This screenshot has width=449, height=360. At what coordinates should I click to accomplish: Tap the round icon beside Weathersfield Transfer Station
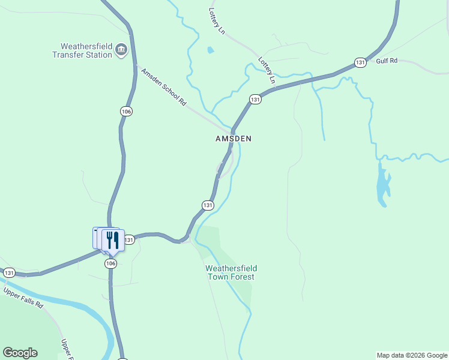[x=121, y=50]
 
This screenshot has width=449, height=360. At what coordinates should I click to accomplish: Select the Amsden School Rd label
[x=163, y=88]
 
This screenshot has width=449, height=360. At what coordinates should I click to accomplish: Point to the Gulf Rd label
[x=387, y=61]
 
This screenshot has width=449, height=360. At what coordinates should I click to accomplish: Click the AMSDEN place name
[x=234, y=139]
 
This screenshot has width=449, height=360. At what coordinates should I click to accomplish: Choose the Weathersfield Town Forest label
[x=231, y=272]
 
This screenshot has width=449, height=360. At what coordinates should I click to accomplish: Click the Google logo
[x=20, y=353]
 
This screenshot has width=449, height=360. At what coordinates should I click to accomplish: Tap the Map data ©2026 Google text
[x=412, y=355]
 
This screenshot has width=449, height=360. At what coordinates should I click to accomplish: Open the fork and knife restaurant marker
[x=112, y=240]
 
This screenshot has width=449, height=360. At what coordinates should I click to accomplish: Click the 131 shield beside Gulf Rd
[x=360, y=62]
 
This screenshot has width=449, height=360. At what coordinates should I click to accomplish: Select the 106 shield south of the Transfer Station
[x=125, y=112]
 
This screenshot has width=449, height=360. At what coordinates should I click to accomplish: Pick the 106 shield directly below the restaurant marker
[x=110, y=263]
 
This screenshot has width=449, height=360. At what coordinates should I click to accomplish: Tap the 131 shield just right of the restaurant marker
[x=129, y=240]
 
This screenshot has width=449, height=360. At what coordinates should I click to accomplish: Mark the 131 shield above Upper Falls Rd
[x=9, y=272]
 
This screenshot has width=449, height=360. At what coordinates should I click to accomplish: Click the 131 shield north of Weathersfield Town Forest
[x=208, y=205]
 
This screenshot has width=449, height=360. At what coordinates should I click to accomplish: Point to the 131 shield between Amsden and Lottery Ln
[x=255, y=99]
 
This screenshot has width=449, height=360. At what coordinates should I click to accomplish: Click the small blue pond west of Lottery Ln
[x=210, y=50]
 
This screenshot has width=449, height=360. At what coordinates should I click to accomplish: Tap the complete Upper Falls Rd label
[x=24, y=298]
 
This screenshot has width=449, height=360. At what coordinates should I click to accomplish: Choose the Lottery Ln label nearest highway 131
[x=267, y=70]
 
